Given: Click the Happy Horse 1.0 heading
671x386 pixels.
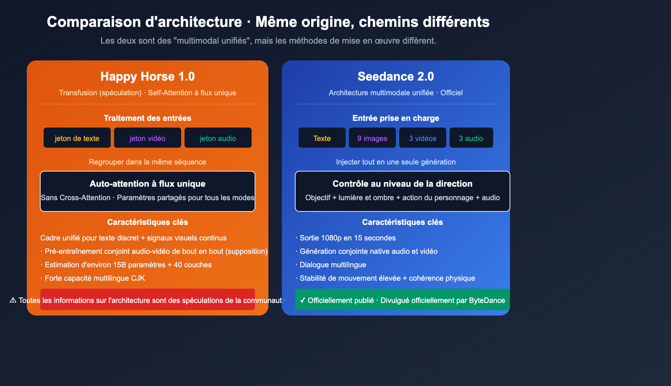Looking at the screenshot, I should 148,76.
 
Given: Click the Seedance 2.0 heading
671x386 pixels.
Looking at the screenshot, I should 396,76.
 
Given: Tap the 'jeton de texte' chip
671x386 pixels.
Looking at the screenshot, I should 77,138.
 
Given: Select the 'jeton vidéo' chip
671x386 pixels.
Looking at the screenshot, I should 148,138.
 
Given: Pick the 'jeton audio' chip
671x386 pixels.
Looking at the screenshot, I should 218,138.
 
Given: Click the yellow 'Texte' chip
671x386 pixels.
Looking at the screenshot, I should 322,138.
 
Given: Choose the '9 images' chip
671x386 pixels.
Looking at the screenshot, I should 372,138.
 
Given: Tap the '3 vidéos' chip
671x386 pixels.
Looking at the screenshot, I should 423,138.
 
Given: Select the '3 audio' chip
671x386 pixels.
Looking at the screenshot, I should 471,138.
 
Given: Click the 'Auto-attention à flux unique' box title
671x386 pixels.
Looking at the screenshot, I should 148,184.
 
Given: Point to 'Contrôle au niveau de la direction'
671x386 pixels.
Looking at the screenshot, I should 403,184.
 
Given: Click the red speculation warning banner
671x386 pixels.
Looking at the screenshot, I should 148,300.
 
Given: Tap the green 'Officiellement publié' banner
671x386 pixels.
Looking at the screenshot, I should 403,300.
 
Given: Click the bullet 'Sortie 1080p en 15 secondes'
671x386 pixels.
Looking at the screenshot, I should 348,238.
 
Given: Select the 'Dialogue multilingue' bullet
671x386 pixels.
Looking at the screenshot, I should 333,265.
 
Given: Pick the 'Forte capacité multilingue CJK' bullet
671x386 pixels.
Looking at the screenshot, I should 95,278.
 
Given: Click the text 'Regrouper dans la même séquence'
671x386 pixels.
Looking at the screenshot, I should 148,162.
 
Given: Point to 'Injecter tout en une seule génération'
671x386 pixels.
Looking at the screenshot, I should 396,162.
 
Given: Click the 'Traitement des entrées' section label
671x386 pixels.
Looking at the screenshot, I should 148,118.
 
